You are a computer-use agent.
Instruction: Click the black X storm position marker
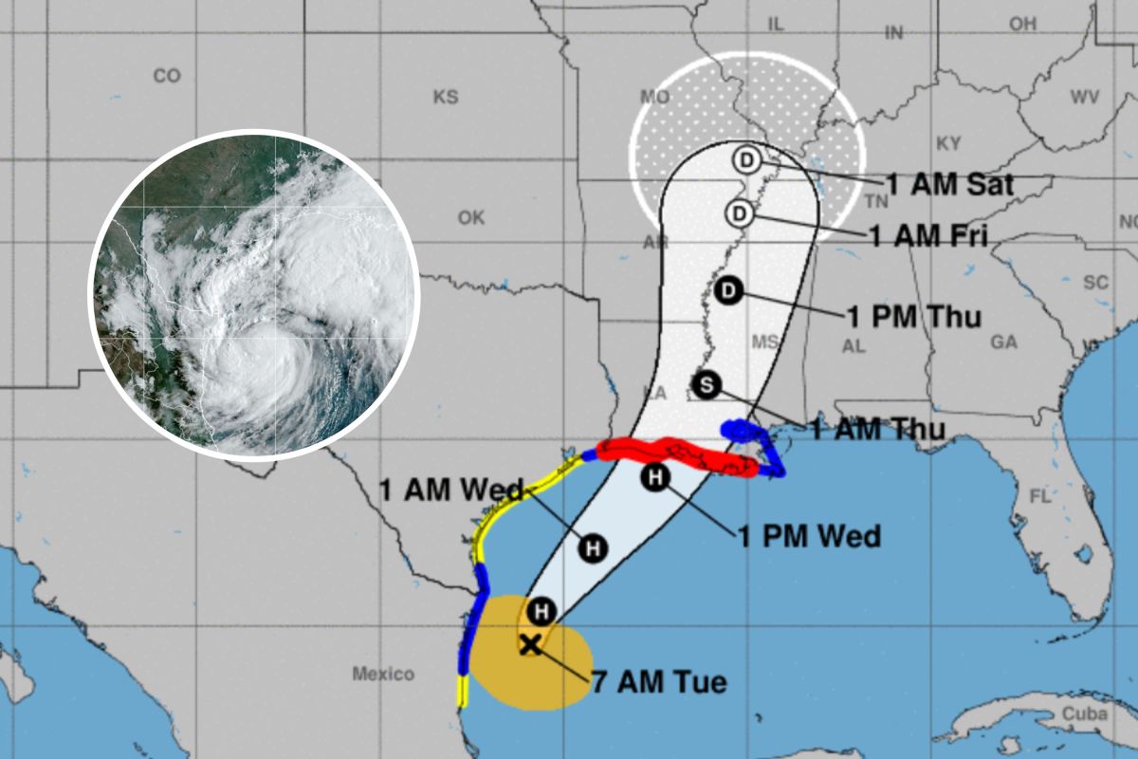pos(531,645)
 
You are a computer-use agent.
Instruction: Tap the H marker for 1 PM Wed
pos(655,478)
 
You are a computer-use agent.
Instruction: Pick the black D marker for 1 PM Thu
pos(728,289)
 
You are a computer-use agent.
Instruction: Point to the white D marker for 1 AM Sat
pos(746,160)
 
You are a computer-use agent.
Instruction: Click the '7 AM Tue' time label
pos(659,681)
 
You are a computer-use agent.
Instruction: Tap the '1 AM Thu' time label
pos(877,430)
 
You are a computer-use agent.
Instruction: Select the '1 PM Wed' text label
pos(810,537)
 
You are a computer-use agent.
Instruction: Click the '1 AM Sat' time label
pos(949,183)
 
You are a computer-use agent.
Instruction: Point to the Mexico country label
pos(383,675)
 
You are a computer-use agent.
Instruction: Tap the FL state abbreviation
pos(1041,495)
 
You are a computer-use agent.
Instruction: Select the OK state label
pos(471,218)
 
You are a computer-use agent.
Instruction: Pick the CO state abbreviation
pos(166,75)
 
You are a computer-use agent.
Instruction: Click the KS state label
pos(445,98)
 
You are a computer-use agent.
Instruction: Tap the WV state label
pos(1083,97)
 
